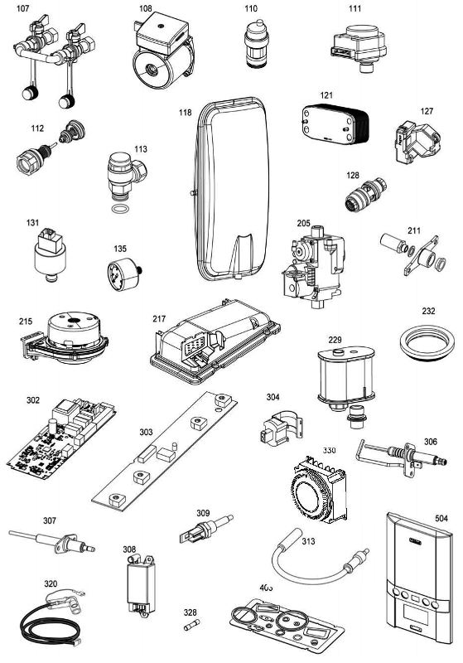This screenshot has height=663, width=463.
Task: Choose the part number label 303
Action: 146,432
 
